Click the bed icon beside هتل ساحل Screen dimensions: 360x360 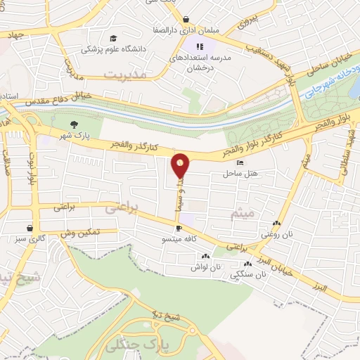point(240,162)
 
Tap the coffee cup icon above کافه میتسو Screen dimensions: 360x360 point(179,228)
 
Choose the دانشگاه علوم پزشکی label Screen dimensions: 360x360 point(111,49)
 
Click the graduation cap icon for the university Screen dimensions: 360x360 point(112,38)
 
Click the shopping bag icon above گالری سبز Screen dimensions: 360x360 point(29,228)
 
